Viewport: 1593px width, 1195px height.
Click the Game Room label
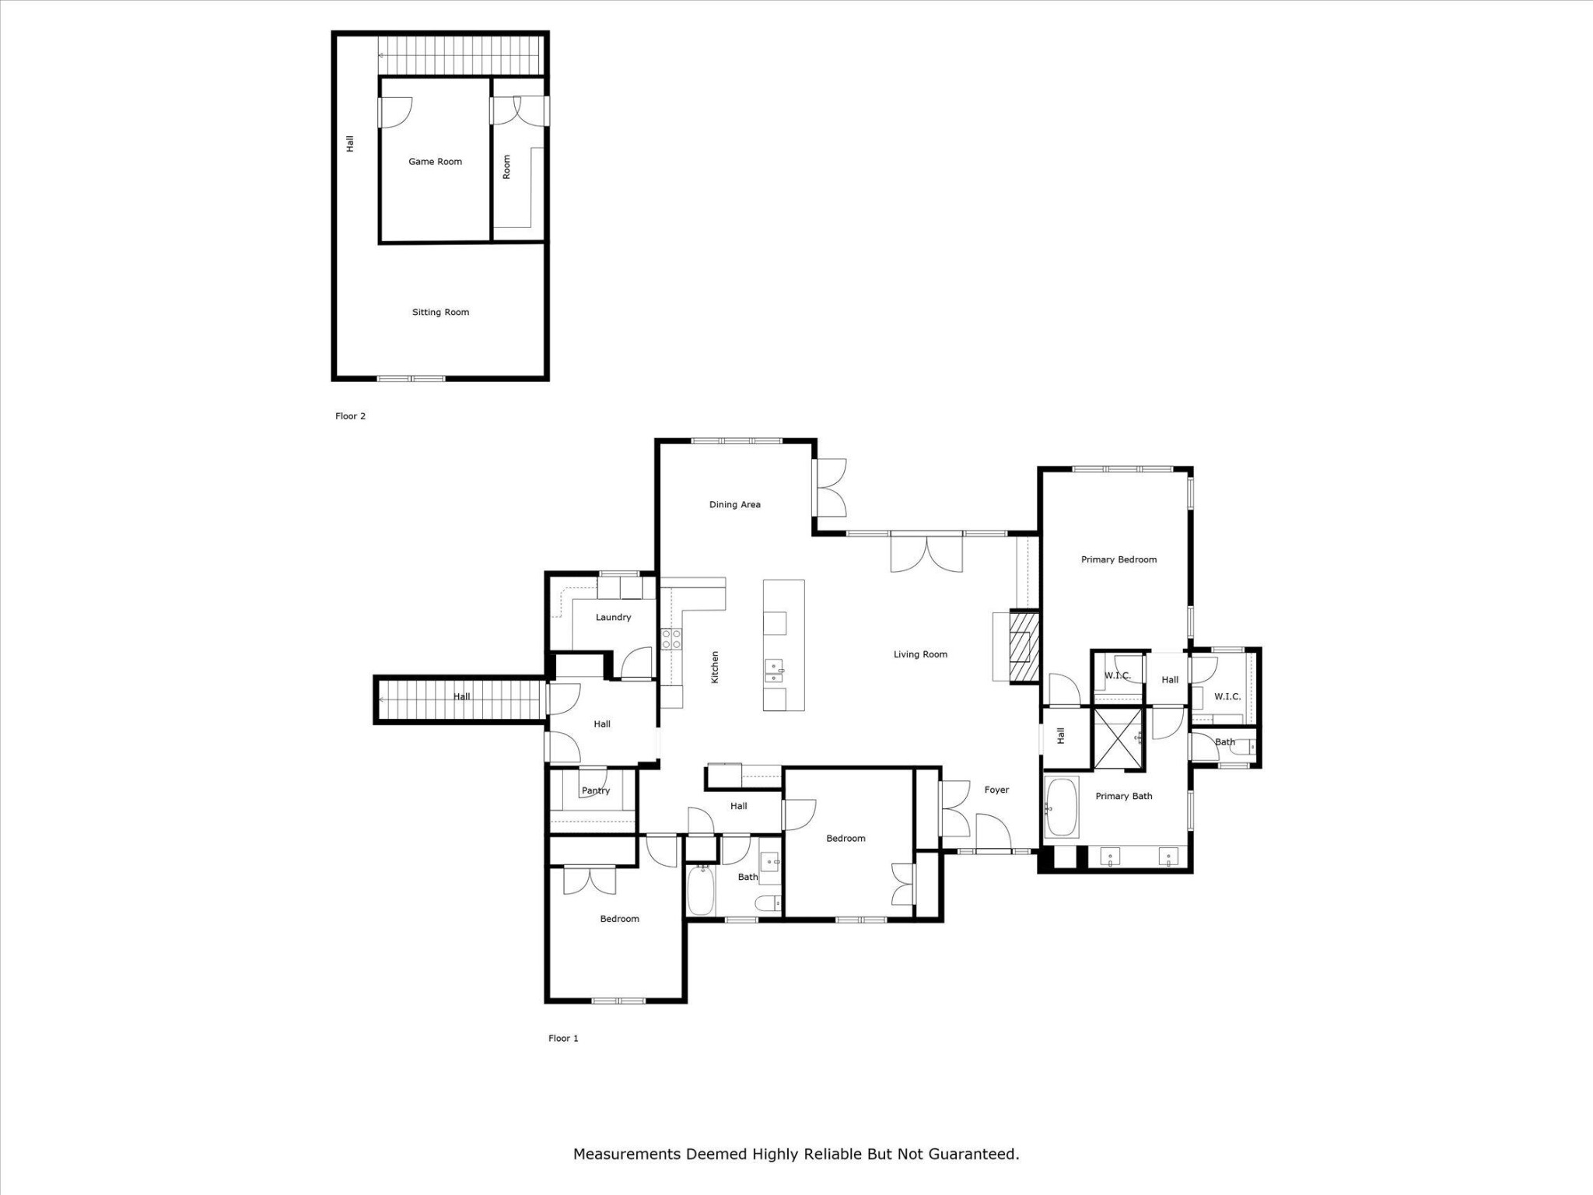(x=435, y=162)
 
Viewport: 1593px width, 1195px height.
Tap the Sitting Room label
(x=440, y=312)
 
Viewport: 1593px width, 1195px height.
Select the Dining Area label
(x=734, y=504)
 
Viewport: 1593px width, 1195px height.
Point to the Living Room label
(x=920, y=654)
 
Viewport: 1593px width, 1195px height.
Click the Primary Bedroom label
(x=1119, y=559)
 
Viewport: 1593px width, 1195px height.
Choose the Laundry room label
(x=613, y=617)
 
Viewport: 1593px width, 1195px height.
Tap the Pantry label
(x=596, y=790)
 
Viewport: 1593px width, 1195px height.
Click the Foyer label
(x=996, y=790)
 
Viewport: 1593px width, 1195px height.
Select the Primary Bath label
(x=1124, y=796)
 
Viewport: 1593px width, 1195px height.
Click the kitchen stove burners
(x=671, y=640)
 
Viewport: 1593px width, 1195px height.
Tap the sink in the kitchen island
(x=774, y=671)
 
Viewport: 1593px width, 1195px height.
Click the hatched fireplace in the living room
(x=1024, y=648)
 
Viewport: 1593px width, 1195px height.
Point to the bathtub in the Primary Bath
(x=1062, y=808)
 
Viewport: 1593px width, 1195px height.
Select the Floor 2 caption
(x=350, y=416)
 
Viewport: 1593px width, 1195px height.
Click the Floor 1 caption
(x=563, y=1038)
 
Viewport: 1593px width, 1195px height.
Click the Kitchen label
(x=715, y=668)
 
